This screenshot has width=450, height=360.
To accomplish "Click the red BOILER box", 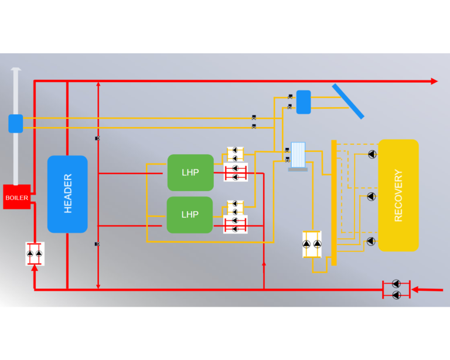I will pos(16,197).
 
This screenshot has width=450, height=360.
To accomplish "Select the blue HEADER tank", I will pos(67,194).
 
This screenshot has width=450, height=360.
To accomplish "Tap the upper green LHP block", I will pos(190,172).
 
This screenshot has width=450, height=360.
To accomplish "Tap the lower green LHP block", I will pos(190,215).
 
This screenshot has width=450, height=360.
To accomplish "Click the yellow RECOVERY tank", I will pos(398,195).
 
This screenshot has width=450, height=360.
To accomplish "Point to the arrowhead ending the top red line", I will pos(434,81).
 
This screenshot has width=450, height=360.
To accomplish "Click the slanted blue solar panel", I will pos(348,101).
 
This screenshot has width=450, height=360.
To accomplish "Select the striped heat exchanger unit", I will pos(298,156).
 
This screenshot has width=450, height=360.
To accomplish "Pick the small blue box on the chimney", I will pos(16,124).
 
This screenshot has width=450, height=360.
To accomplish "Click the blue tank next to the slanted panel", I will pos(304,102).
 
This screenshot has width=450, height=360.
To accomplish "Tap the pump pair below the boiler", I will pos(35,253).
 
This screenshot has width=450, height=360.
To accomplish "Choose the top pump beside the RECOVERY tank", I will pos(372,154).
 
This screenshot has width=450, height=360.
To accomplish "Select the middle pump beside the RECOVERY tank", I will pos(371,196).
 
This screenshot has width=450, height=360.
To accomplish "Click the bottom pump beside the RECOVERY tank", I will pos(371,241).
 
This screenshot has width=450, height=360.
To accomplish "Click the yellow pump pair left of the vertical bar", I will pos(312,244).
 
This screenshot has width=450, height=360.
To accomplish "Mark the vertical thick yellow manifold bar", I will pos(334,202).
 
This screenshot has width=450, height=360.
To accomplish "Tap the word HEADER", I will pos(68,194).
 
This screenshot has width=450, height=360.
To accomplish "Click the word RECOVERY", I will pos(398,195).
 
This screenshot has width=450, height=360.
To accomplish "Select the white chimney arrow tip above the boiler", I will pos(16,69).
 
